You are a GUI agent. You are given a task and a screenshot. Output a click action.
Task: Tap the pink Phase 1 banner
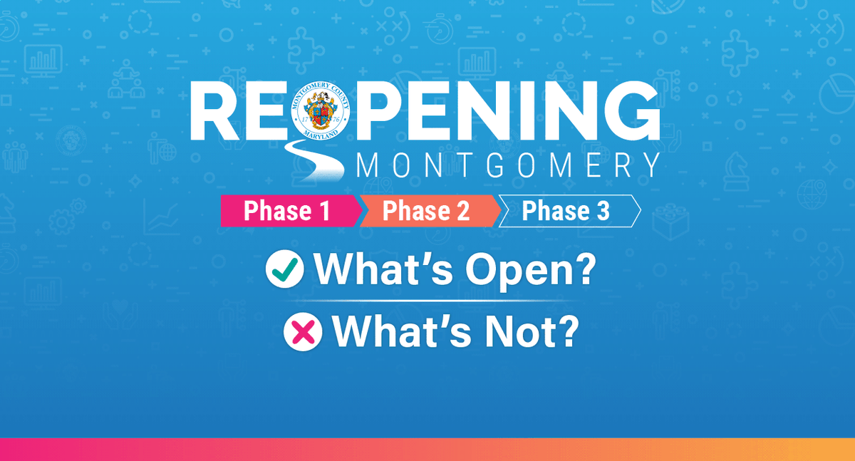(x=289, y=211)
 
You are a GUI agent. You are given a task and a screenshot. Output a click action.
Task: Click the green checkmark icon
(x=284, y=271)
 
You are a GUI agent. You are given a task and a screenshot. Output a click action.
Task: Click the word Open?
(x=525, y=271)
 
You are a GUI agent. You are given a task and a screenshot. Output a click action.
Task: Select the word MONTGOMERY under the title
(x=507, y=165)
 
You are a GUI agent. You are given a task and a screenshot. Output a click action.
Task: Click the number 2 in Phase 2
(x=462, y=212)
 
